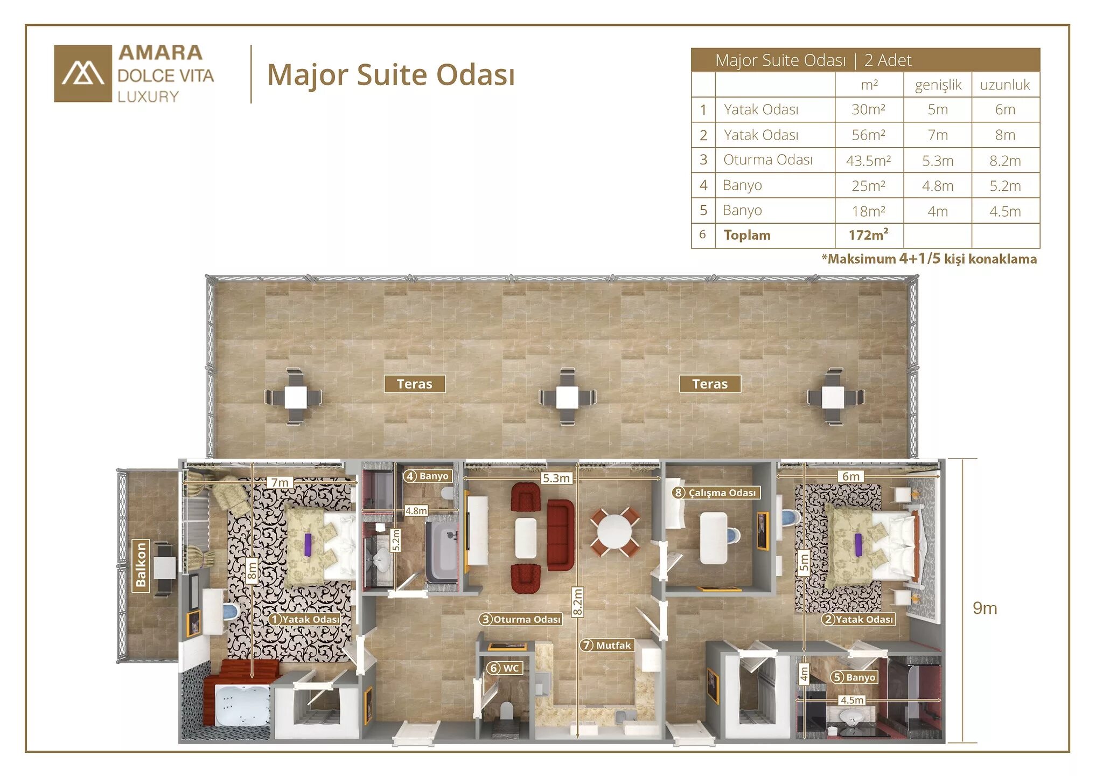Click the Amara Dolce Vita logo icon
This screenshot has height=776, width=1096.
coord(83,74)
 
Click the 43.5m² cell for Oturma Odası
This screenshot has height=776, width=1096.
coord(869,161)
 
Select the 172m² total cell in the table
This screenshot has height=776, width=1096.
coord(869,235)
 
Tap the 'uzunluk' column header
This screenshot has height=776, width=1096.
coord(1005,85)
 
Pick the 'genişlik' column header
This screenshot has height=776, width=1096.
coord(938,85)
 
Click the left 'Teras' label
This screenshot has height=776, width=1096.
coord(415,384)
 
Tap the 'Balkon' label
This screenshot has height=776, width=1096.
coord(141,565)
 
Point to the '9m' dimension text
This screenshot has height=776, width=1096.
coord(985,608)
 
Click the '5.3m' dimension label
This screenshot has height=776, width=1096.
coord(556,478)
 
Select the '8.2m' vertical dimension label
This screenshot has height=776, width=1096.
coord(577,602)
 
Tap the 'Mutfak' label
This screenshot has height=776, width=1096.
coord(606,645)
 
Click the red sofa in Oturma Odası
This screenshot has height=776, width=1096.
coord(561,535)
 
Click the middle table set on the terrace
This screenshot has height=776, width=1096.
coord(568,397)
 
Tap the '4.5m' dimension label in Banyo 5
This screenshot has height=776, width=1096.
coord(851,700)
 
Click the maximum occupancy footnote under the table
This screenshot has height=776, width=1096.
coord(929,259)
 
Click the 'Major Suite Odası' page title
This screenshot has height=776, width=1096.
coord(391,74)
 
